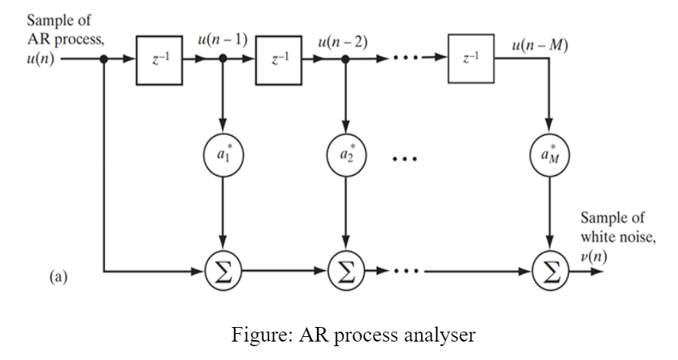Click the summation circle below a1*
(x=223, y=271)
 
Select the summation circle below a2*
(x=346, y=271)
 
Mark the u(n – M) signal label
(x=540, y=45)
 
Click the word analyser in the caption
(x=445, y=335)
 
